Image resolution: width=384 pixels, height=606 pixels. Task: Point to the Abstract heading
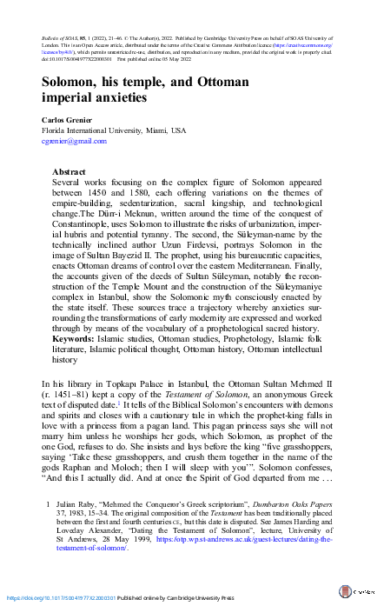[x=69, y=173]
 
